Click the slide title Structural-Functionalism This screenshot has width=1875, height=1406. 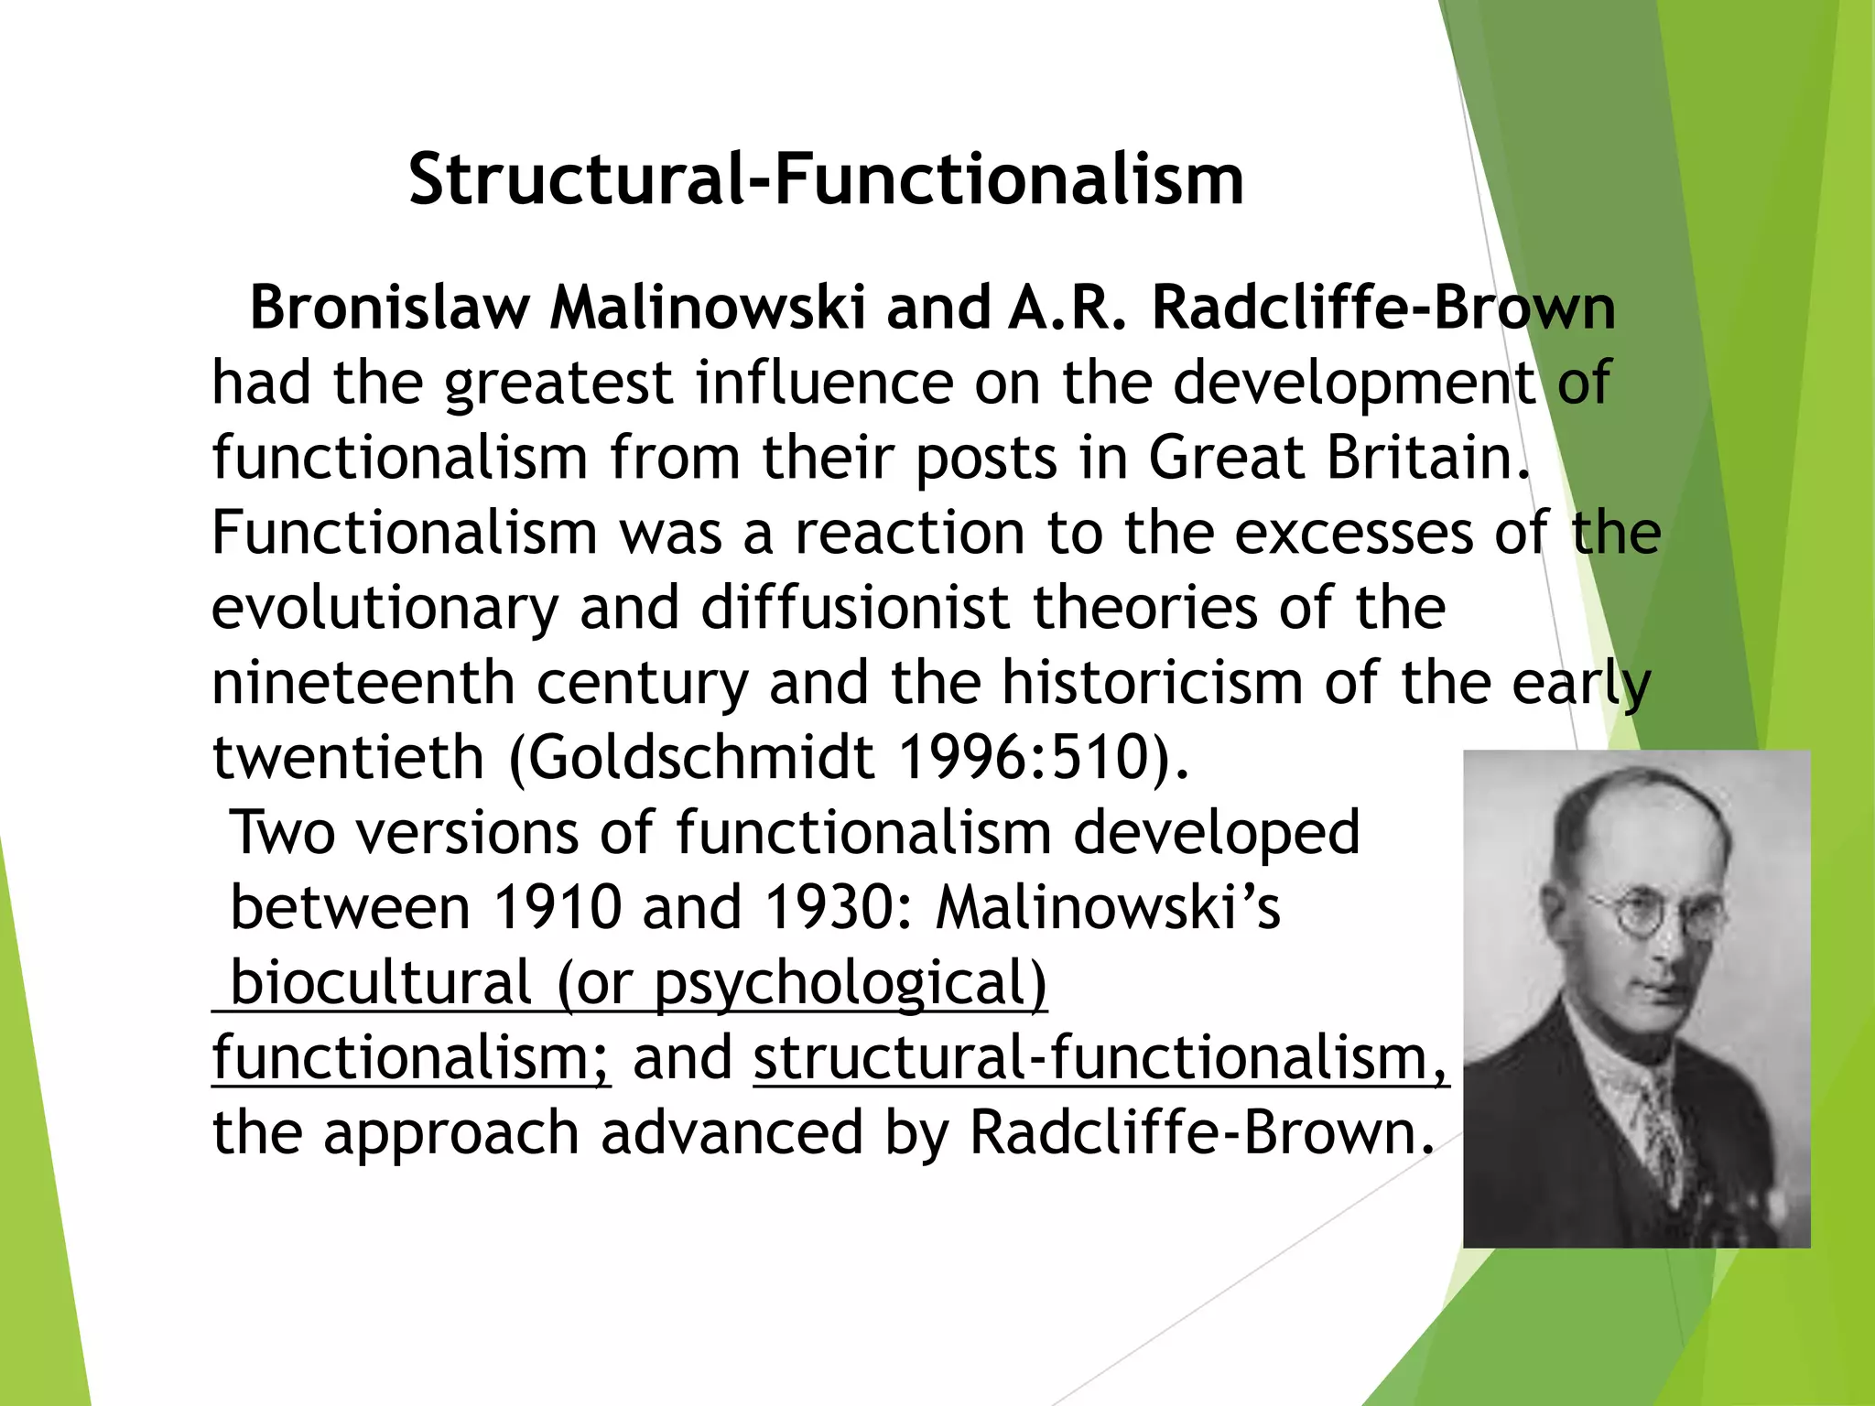click(826, 179)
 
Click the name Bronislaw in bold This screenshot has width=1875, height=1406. click(389, 308)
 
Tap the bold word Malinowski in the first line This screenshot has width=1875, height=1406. click(707, 308)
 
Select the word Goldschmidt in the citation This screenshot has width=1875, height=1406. click(701, 758)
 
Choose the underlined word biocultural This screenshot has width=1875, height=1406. click(381, 983)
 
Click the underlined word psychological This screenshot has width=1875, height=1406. click(850, 985)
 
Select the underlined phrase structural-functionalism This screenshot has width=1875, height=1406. click(1101, 1058)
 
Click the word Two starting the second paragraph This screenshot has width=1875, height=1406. click(282, 833)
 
